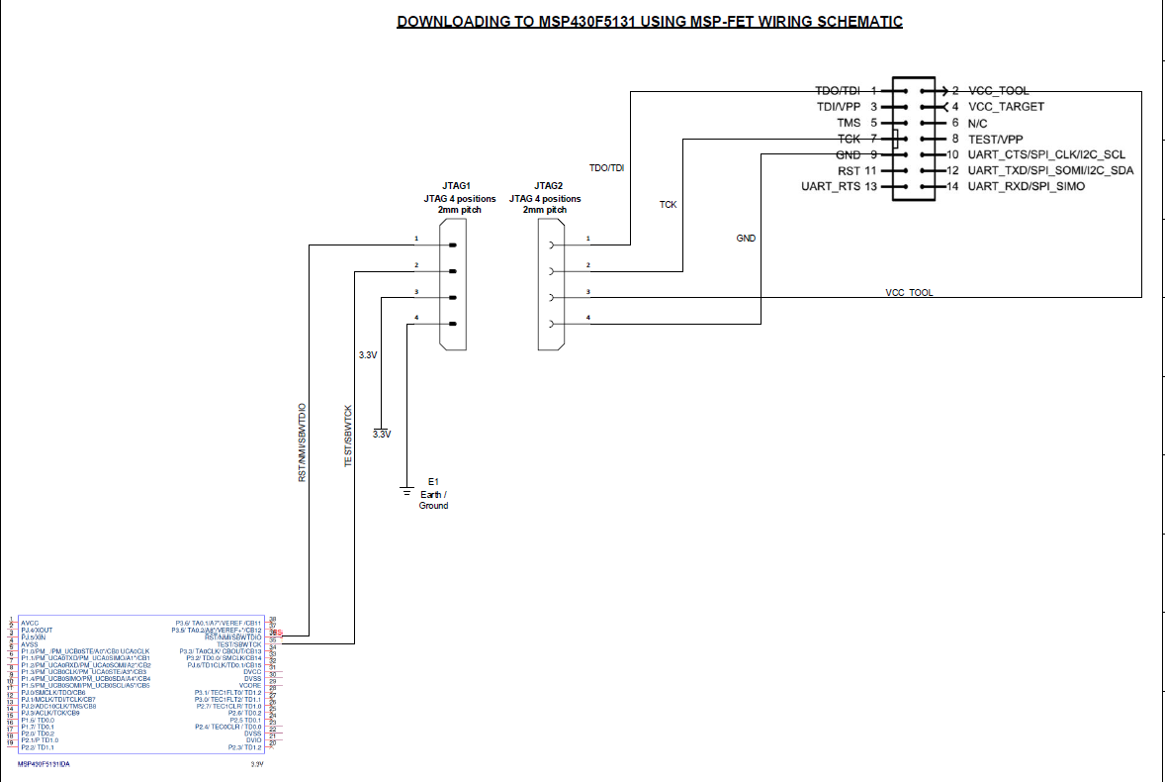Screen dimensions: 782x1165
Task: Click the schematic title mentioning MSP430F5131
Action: pos(649,21)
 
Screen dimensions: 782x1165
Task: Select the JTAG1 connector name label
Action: pos(456,186)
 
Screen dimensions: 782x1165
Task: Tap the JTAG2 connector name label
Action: pos(548,186)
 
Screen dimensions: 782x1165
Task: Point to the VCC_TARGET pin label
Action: pos(1006,107)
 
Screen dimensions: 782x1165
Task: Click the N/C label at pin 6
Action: pos(979,123)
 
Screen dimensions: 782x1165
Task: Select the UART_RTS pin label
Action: pos(831,187)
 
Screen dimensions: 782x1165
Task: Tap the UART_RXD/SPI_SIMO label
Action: pos(1027,187)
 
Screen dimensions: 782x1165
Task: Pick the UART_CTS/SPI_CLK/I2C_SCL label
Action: pos(1046,155)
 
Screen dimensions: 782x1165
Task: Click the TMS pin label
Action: pos(850,123)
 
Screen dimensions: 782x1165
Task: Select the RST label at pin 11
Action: pos(848,171)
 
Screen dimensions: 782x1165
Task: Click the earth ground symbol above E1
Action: pos(405,488)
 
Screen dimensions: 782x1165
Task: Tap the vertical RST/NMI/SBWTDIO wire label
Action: pos(303,442)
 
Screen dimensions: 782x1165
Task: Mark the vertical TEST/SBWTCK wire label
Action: pos(348,437)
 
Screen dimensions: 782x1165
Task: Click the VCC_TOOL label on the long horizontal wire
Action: pos(909,293)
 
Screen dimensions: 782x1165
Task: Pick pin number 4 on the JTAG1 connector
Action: pos(417,317)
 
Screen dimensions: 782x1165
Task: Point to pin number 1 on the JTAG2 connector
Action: pos(588,239)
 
